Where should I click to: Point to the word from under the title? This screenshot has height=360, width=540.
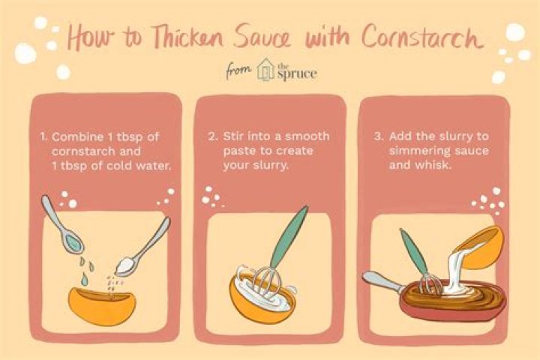click(238, 71)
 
